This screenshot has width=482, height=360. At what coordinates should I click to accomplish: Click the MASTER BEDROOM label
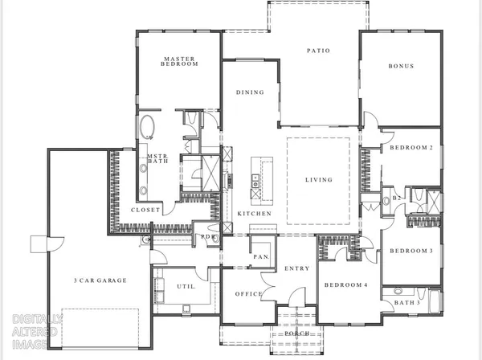(x=181, y=62)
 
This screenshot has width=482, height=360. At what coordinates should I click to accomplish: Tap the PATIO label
(x=319, y=51)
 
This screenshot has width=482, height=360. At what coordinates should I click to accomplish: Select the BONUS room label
(x=401, y=66)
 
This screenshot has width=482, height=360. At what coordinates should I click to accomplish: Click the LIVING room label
(x=318, y=180)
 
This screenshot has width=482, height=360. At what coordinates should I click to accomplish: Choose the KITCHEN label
(x=253, y=213)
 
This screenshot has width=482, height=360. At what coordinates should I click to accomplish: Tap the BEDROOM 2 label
(x=411, y=149)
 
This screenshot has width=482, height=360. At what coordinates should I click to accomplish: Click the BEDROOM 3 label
(x=411, y=251)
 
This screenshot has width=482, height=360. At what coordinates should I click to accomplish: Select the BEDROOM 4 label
(x=345, y=285)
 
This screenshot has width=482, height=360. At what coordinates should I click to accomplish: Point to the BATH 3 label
(x=409, y=303)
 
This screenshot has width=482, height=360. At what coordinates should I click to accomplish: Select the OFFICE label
(x=249, y=294)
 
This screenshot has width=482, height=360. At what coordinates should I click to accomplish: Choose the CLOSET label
(x=145, y=210)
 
